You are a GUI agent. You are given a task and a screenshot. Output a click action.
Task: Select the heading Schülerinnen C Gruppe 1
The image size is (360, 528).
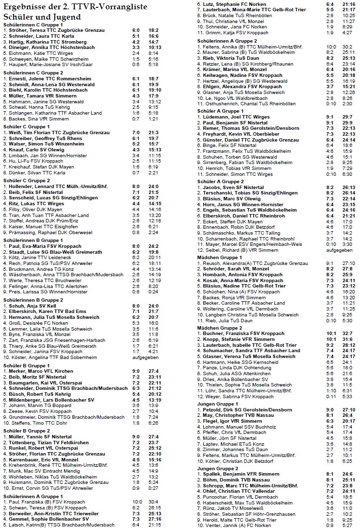click(33, 24)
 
